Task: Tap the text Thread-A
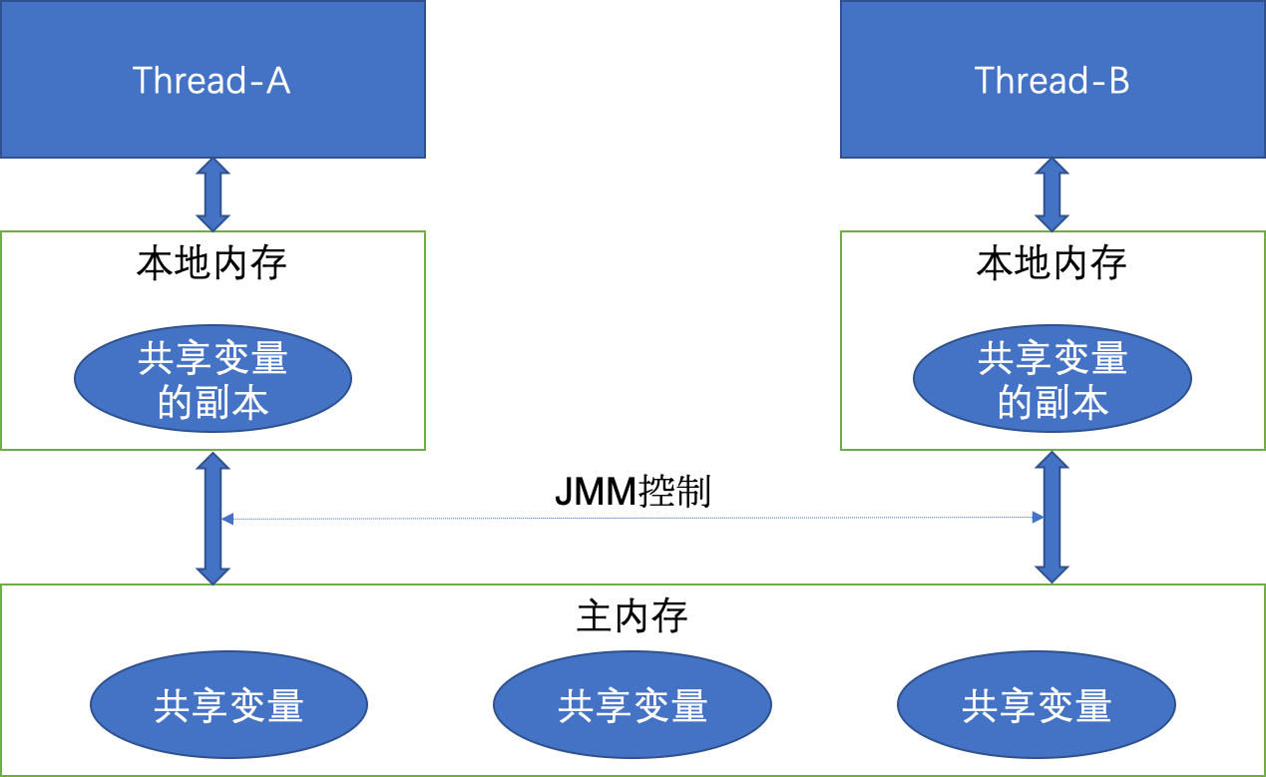point(211,80)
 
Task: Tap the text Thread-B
point(1052,80)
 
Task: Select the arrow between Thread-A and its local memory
point(212,194)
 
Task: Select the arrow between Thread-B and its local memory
point(1053,194)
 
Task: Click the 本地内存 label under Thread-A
point(211,264)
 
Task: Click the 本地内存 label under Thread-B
point(1052,264)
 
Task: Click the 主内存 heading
point(633,616)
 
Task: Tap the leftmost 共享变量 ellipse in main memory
point(228,706)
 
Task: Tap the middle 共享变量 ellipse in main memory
point(633,706)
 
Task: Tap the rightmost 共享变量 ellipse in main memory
point(1037,706)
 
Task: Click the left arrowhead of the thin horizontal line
point(227,519)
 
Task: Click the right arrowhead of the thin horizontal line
point(1039,517)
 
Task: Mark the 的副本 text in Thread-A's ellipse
point(212,403)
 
